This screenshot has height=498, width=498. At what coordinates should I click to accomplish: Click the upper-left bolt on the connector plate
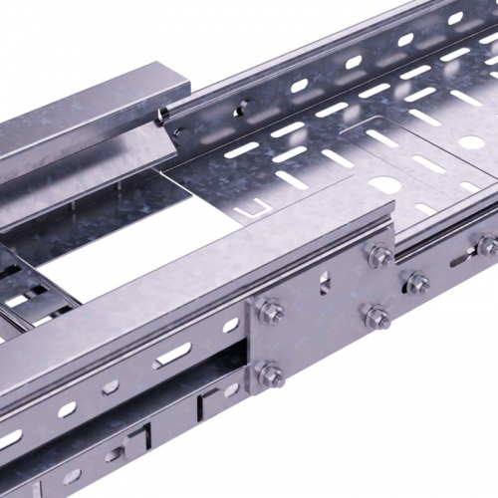click(x=270, y=310)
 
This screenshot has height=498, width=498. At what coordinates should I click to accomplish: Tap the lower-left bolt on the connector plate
click(x=271, y=373)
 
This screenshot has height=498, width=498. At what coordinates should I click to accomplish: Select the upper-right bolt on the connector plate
click(x=378, y=256)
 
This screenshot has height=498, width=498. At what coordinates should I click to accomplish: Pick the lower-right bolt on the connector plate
click(x=377, y=318)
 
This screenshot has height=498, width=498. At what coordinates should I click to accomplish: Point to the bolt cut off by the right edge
click(x=487, y=245)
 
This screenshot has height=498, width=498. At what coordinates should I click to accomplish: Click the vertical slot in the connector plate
click(x=323, y=284)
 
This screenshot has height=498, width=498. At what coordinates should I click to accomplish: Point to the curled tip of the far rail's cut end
click(x=162, y=117)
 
